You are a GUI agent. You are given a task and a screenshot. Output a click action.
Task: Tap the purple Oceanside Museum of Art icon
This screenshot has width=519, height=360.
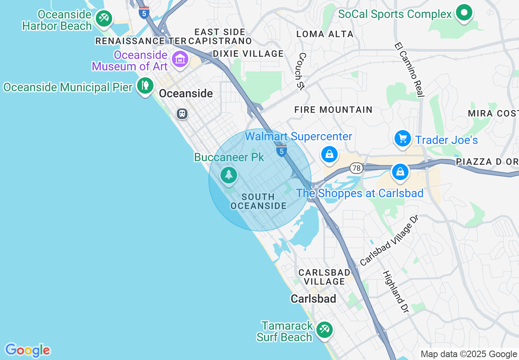(x=180, y=60)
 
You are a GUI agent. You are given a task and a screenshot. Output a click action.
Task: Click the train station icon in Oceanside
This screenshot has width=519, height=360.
(x=182, y=113)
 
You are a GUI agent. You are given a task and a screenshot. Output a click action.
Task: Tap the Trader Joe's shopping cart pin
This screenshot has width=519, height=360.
(x=403, y=139)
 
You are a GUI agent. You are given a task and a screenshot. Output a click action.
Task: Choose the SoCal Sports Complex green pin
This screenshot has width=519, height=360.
(x=464, y=13)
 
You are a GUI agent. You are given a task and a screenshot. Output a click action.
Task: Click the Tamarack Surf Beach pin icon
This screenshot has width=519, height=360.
(x=325, y=330)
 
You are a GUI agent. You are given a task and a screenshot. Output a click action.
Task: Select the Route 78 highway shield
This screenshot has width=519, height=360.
(x=356, y=168)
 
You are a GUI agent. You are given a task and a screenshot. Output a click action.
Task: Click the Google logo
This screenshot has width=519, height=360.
(x=27, y=350)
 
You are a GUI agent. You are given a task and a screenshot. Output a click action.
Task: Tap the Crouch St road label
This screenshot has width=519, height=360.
(x=302, y=70)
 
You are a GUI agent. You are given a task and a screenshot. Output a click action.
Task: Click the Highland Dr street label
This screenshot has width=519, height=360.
(x=395, y=292)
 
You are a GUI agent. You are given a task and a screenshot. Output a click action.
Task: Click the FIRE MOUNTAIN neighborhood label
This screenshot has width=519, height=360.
(x=333, y=110)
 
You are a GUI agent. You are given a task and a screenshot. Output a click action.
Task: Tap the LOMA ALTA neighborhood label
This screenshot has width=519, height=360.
(x=325, y=34)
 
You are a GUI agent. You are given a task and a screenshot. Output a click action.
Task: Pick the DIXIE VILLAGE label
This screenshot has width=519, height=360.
(x=248, y=54)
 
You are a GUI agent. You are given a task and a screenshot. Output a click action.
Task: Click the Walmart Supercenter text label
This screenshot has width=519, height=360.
(x=298, y=136)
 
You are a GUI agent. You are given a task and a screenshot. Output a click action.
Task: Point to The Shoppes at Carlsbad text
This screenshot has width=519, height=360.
(x=359, y=193)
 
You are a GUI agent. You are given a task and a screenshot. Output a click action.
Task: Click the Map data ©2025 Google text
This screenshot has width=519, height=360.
(x=469, y=354)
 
